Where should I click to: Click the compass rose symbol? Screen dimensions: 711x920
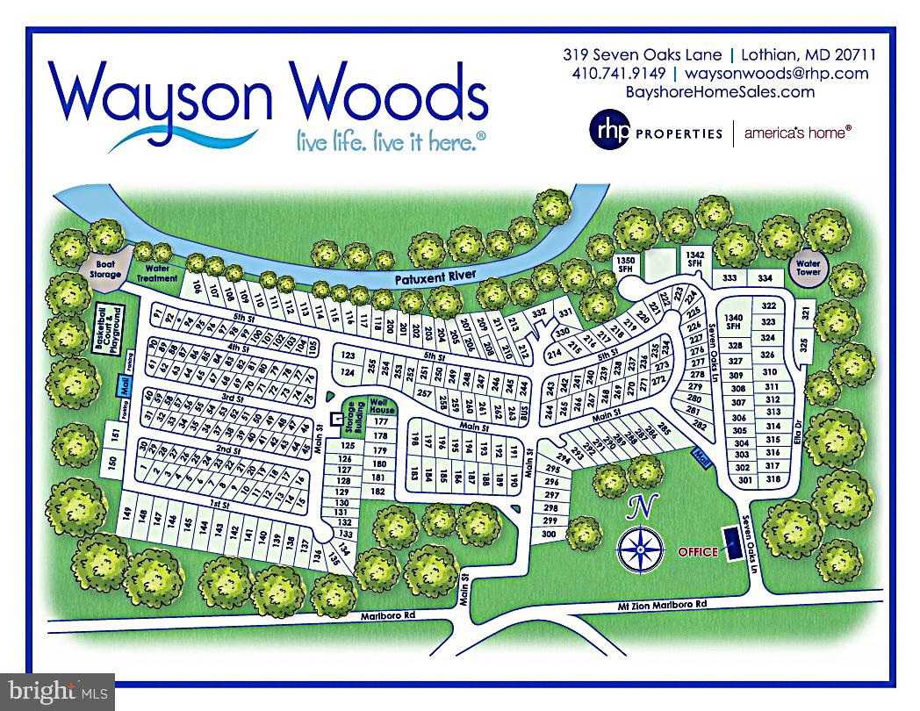click(640, 548)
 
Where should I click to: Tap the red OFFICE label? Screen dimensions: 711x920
click(697, 552)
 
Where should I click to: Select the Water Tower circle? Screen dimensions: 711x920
click(807, 266)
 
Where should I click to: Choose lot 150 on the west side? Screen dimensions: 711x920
click(112, 463)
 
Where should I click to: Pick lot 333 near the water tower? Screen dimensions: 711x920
click(730, 278)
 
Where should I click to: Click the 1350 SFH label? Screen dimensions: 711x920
click(626, 265)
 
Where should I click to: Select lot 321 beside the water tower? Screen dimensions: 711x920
click(805, 313)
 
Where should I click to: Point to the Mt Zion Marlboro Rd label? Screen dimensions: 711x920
click(657, 605)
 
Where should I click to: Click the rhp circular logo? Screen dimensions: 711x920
click(610, 132)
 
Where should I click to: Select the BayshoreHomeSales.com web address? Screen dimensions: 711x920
click(720, 91)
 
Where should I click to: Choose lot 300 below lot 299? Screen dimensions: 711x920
click(550, 534)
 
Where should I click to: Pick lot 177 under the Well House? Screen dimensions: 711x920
click(380, 422)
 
